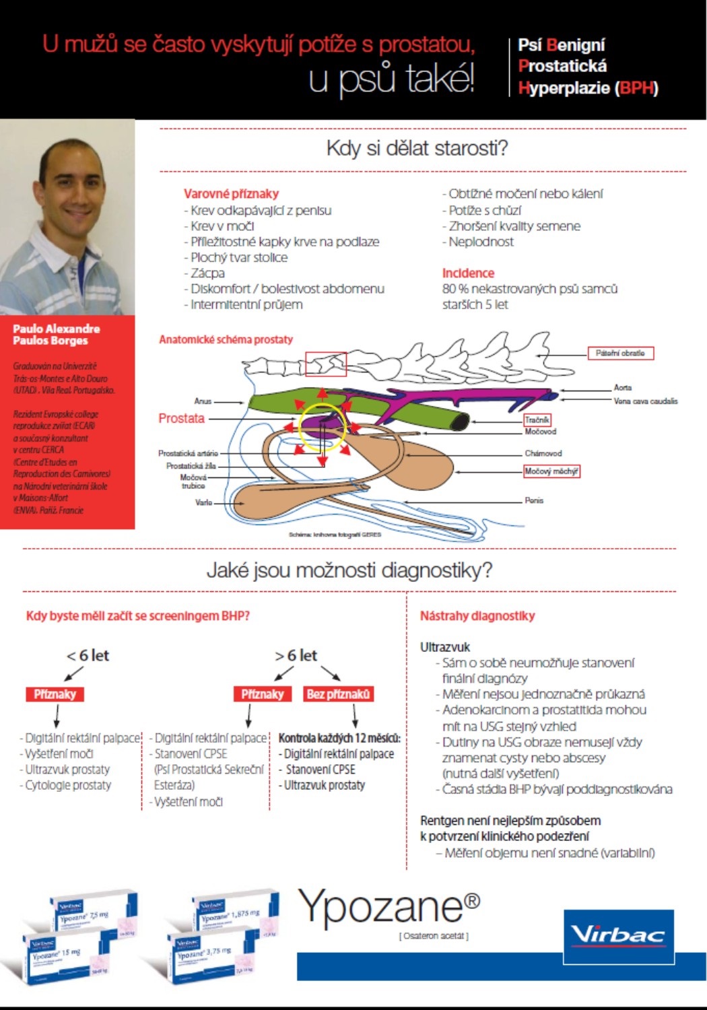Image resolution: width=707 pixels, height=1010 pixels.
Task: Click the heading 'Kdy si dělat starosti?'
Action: [x=417, y=148]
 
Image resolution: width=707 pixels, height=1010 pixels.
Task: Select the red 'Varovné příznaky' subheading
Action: [x=231, y=194]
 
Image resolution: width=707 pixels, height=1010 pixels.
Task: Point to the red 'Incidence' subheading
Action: [x=468, y=273]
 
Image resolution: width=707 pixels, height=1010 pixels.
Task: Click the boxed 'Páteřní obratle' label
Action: [x=620, y=353]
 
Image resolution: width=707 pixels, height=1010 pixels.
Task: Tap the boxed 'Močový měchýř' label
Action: [x=551, y=471]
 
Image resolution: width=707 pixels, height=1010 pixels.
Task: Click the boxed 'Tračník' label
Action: [x=537, y=419]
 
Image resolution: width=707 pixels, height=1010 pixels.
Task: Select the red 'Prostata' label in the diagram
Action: [x=181, y=418]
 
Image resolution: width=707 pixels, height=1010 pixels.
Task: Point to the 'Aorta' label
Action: [x=622, y=387]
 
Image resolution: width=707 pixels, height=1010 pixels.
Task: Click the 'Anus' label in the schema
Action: [x=203, y=401]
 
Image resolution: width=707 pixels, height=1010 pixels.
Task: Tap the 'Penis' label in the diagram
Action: [x=534, y=500]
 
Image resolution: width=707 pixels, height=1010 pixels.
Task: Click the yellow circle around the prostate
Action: [x=323, y=427]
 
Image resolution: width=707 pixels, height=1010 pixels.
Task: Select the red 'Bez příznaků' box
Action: [x=338, y=694]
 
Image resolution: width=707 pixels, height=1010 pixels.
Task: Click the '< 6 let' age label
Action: [x=88, y=655]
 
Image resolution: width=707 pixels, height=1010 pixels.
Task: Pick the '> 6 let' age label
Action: [x=296, y=655]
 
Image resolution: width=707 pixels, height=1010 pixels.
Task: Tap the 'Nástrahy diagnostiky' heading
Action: [x=477, y=615]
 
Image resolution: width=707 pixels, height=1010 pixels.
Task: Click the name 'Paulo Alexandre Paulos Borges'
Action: [x=56, y=334]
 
